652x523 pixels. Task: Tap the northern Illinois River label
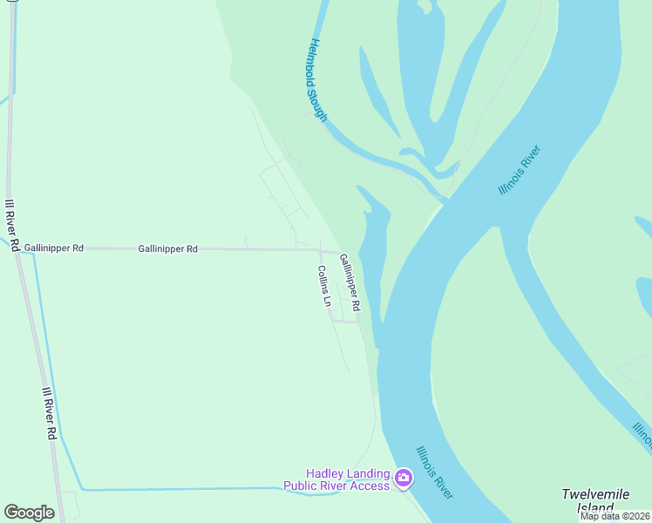[x=520, y=170]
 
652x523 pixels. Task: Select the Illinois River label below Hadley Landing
[x=434, y=472]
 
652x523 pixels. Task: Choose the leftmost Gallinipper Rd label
[x=54, y=248]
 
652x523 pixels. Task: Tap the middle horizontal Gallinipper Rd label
[x=167, y=249]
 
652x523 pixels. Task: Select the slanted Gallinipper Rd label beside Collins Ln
[x=350, y=282]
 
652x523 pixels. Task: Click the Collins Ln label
[x=324, y=287]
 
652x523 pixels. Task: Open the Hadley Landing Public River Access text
[x=336, y=479]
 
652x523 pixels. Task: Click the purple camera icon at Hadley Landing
[x=403, y=478]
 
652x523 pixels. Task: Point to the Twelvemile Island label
[x=595, y=500]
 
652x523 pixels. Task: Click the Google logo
[x=29, y=513]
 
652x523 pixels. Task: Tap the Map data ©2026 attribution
[x=615, y=516]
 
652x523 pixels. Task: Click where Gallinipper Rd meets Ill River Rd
[x=17, y=248]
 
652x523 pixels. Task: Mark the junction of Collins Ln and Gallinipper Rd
[x=319, y=251]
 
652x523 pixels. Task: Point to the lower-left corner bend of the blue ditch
[x=80, y=489]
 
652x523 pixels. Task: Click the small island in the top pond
[x=424, y=6]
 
